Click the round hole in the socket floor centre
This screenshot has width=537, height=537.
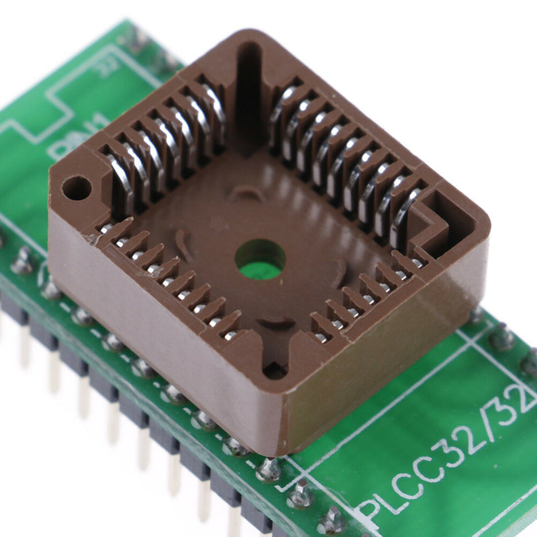tap(260, 259)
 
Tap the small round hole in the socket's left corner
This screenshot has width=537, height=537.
tap(77, 188)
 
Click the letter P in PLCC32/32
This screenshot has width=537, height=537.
tap(371, 508)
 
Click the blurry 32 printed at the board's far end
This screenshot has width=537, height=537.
tap(106, 66)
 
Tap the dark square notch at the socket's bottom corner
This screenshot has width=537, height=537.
tap(275, 369)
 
